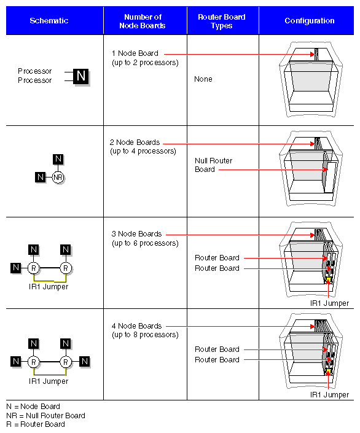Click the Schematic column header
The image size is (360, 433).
point(49,21)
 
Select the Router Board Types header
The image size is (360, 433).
point(222,21)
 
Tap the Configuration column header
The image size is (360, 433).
point(309,21)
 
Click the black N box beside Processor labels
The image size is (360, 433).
point(80,76)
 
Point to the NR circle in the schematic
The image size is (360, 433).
point(58,177)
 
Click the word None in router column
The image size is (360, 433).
point(203,79)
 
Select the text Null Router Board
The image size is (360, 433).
point(213,165)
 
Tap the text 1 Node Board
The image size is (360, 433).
point(135,53)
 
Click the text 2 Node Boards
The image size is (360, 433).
point(136,142)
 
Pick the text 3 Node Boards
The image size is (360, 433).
point(136,234)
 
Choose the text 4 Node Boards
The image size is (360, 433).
point(136,326)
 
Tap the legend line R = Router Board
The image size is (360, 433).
point(35,424)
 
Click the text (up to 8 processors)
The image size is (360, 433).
point(145,335)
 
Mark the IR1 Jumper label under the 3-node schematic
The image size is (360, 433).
point(49,287)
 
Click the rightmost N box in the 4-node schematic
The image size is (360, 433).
point(85,361)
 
